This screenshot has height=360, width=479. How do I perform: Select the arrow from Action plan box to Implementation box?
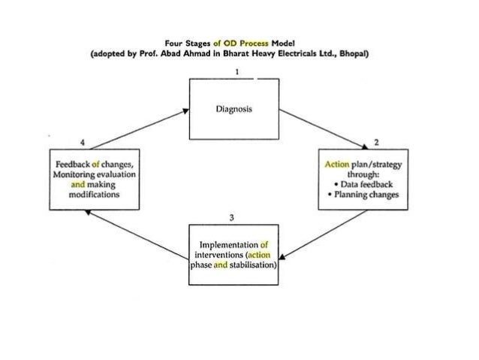[326, 234]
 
